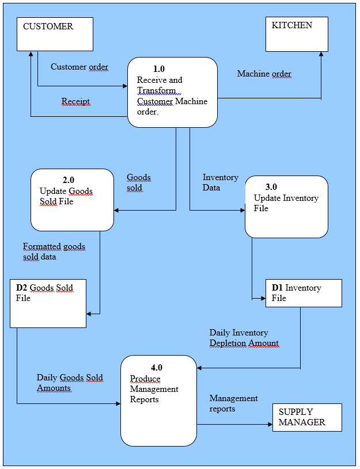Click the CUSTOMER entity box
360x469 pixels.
pos(55,34)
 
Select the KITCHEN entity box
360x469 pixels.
pos(297,34)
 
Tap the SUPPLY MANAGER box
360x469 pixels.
pos(306,417)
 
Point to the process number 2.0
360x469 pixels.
pos(68,180)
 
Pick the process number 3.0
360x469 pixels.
pos(271,187)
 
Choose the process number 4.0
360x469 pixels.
pos(156,368)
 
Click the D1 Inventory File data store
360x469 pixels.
pos(303,293)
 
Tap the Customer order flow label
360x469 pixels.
pos(79,67)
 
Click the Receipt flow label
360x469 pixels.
pos(76,102)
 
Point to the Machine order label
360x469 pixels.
pos(264,74)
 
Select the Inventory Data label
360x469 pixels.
pos(221,182)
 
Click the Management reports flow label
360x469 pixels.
pos(233,403)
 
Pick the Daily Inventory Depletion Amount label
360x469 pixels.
pos(244,338)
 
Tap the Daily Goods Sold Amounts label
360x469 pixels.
pos(70,383)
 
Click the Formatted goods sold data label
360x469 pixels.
pos(54,251)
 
